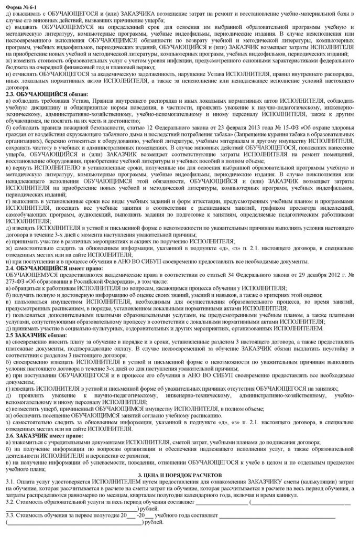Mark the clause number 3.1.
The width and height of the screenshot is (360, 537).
[10, 496]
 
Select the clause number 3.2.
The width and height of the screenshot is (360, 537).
[10, 517]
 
